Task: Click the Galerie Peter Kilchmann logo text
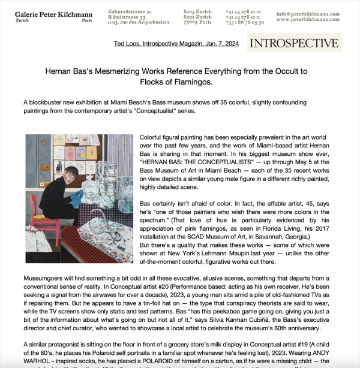tap(53, 13)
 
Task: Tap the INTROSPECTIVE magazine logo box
tap(294, 43)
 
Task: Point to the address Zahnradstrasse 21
tap(130, 11)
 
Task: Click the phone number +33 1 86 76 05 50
tap(245, 22)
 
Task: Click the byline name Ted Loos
tap(126, 44)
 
